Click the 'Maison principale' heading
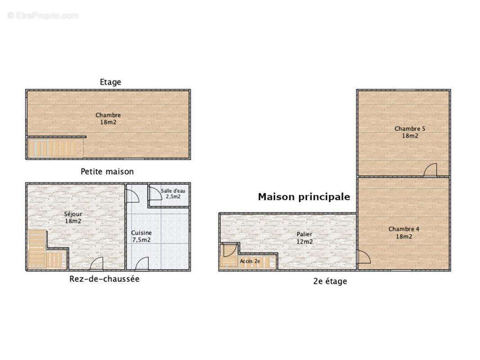(304, 197)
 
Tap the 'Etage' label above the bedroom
(110, 82)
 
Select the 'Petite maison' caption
(107, 171)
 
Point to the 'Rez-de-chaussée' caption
(104, 279)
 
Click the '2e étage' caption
(330, 281)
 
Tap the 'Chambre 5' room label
(410, 132)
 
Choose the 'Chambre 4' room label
(404, 233)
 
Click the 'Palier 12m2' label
(304, 238)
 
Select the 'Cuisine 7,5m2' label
(141, 236)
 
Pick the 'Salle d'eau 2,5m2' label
(173, 193)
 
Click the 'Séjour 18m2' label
(73, 217)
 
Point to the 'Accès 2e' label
(249, 261)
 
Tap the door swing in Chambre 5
(431, 170)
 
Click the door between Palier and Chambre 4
(363, 257)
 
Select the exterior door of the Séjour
(97, 264)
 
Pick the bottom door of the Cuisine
(142, 264)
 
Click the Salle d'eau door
(155, 194)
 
